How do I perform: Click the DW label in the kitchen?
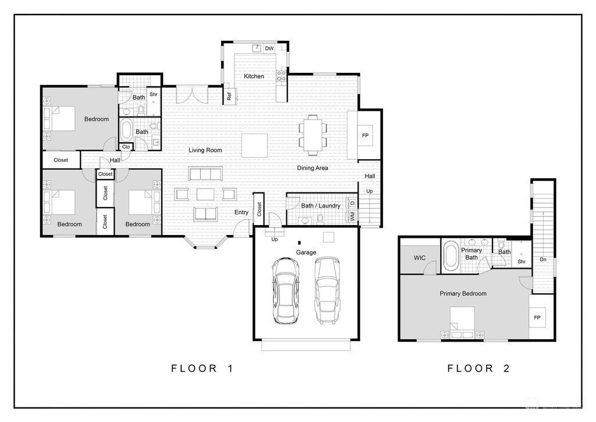pyautogui.click(x=269, y=48)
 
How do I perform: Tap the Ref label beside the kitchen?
pyautogui.click(x=229, y=97)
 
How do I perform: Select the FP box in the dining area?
pyautogui.click(x=366, y=135)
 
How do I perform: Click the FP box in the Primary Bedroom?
pyautogui.click(x=537, y=317)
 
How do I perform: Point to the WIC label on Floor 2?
pyautogui.click(x=420, y=258)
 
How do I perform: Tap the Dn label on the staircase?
pyautogui.click(x=543, y=259)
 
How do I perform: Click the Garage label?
pyautogui.click(x=306, y=252)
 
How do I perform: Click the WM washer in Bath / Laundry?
pyautogui.click(x=352, y=216)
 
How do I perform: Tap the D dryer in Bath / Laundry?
pyautogui.click(x=352, y=203)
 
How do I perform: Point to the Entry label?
pyautogui.click(x=242, y=212)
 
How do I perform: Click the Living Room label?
pyautogui.click(x=205, y=150)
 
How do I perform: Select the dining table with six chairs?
pyautogui.click(x=313, y=135)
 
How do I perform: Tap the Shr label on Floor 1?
pyautogui.click(x=154, y=94)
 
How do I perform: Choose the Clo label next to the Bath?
pyautogui.click(x=126, y=146)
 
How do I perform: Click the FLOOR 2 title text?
pyautogui.click(x=478, y=368)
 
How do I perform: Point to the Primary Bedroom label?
pyautogui.click(x=463, y=293)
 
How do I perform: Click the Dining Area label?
pyautogui.click(x=313, y=168)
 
